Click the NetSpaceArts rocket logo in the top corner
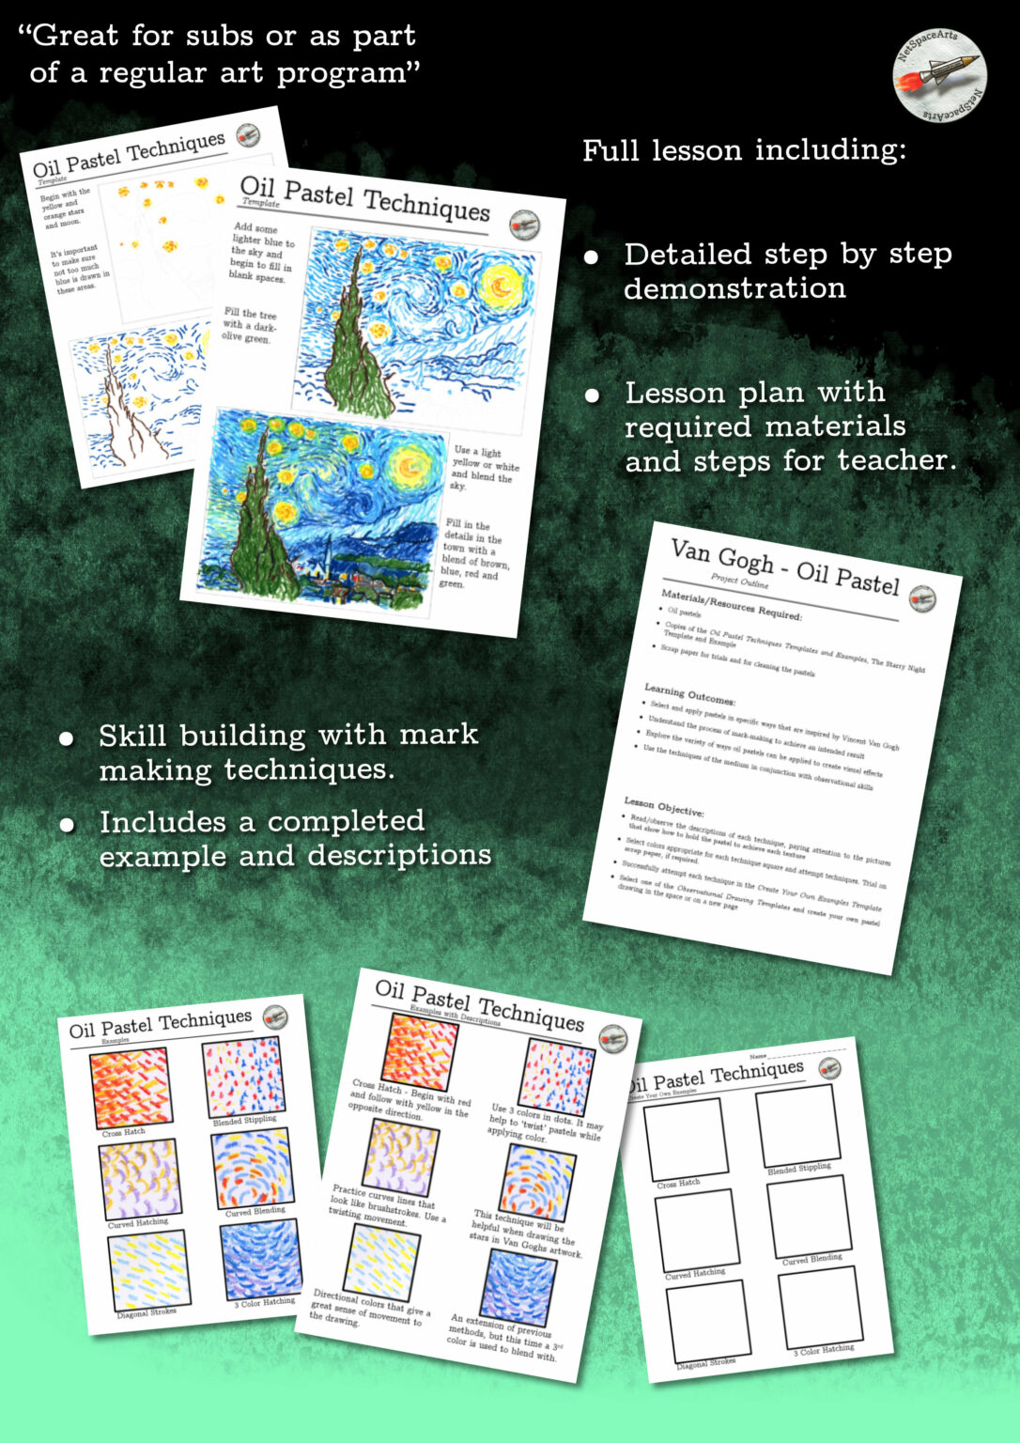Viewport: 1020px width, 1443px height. [939, 74]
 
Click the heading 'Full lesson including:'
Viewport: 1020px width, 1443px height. [744, 150]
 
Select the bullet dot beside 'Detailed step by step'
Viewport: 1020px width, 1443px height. [592, 256]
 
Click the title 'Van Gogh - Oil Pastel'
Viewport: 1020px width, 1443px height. [784, 566]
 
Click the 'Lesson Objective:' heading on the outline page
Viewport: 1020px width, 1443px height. [663, 806]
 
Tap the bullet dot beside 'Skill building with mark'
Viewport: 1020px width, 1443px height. [67, 738]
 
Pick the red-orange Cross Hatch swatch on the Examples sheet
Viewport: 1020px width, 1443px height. [131, 1090]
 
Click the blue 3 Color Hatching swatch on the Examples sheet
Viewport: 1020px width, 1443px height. [262, 1259]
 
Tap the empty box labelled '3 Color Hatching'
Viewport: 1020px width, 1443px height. [819, 1307]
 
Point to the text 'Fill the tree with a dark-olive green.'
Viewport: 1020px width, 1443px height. [250, 325]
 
